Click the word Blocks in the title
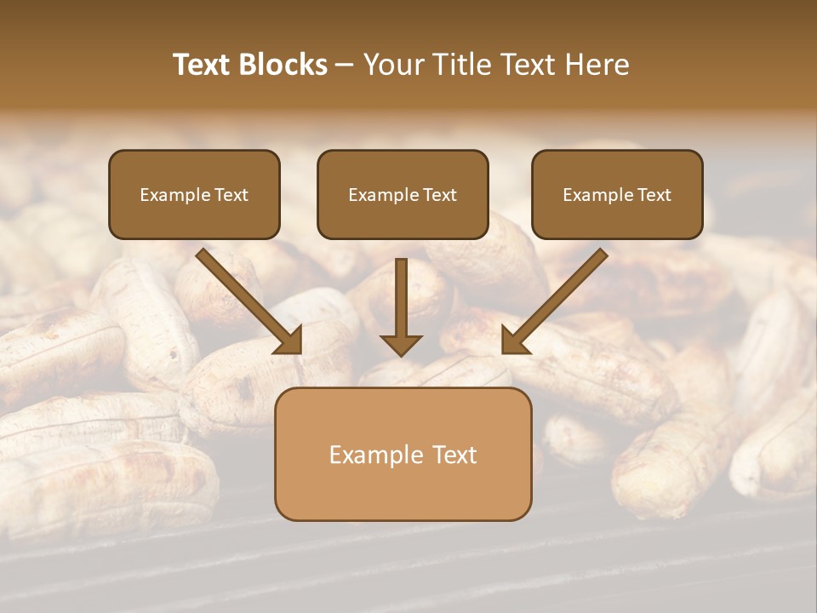[x=283, y=65]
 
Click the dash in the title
[x=346, y=65]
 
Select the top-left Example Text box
[x=194, y=194]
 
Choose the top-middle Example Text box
[x=403, y=194]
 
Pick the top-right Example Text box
[x=617, y=194]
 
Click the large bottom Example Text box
[x=403, y=454]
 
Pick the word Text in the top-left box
[x=231, y=194]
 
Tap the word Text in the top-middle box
[x=439, y=194]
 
